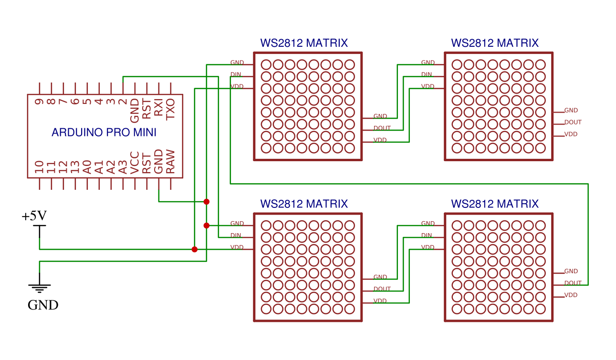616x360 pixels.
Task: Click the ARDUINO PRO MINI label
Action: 104,133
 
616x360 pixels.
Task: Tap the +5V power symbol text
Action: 34,216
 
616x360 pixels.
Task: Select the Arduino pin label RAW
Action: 170,162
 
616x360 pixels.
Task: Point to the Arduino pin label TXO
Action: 170,109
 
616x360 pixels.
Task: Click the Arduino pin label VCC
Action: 135,163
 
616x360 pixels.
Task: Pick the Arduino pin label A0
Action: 87,167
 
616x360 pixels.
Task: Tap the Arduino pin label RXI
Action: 158,107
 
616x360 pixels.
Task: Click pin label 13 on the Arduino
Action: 75,167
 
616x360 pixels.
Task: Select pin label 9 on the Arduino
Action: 39,102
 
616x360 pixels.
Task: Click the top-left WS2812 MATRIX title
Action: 304,43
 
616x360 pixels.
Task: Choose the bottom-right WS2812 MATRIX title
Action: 495,204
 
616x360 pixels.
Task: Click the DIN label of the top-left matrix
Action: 236,74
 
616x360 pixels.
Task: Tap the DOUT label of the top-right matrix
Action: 573,122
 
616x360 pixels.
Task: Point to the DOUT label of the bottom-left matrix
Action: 382,289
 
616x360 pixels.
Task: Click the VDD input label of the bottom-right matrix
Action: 428,247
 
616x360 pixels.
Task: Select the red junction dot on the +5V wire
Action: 194,249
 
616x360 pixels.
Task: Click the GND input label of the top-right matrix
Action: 428,62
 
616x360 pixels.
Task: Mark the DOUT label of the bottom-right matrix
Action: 573,283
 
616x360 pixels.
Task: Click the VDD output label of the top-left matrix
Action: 380,140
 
